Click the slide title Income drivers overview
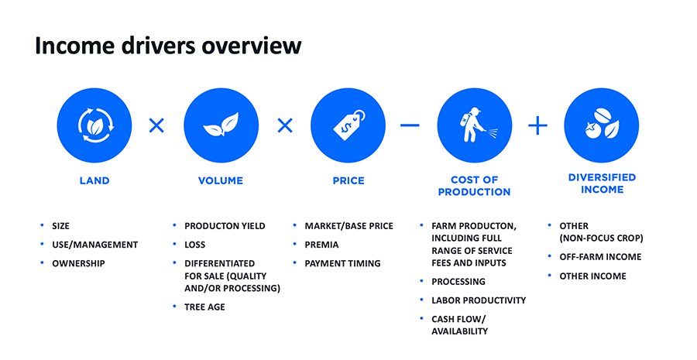pyautogui.click(x=168, y=46)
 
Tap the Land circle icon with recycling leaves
pyautogui.click(x=94, y=125)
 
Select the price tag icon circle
pyautogui.click(x=348, y=125)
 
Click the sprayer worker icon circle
pyautogui.click(x=474, y=125)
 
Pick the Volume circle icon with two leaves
pyautogui.click(x=221, y=125)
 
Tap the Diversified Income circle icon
pyautogui.click(x=602, y=125)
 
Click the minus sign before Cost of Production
pyautogui.click(x=410, y=125)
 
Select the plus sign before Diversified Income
pyautogui.click(x=538, y=125)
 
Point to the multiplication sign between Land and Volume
pyautogui.click(x=156, y=125)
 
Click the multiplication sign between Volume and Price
pyautogui.click(x=285, y=125)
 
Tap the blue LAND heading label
pyautogui.click(x=94, y=181)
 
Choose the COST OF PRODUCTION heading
pyautogui.click(x=474, y=186)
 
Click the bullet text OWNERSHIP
pyautogui.click(x=78, y=263)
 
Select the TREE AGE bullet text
pyautogui.click(x=204, y=307)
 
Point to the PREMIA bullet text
pyautogui.click(x=321, y=245)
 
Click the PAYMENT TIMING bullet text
pyautogui.click(x=342, y=263)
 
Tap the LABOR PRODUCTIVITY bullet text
pyautogui.click(x=479, y=300)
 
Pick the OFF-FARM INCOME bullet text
pyautogui.click(x=600, y=257)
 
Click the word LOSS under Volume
pyautogui.click(x=194, y=245)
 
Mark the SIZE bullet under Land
pyautogui.click(x=60, y=226)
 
